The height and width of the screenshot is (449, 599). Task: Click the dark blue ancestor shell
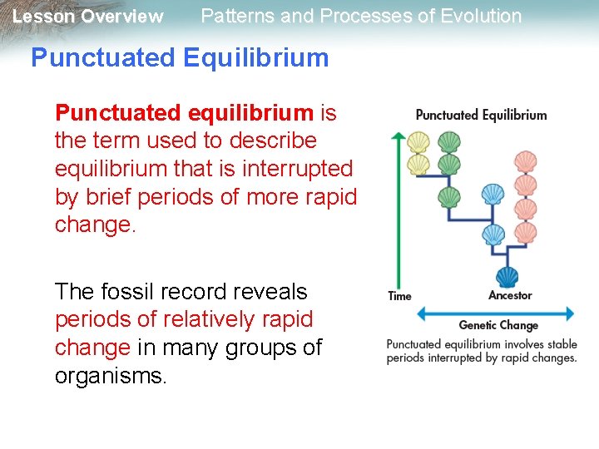[x=506, y=277]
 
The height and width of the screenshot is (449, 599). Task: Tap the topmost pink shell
[x=525, y=160]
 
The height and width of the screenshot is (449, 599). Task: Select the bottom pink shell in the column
[x=525, y=231]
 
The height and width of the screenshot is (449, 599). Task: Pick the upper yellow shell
[x=418, y=141]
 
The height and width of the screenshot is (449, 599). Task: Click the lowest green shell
[x=449, y=197]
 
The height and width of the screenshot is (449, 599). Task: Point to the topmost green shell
[x=449, y=141]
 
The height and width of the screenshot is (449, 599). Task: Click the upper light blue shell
[x=493, y=195]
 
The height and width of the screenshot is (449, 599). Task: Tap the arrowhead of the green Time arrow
[x=399, y=136]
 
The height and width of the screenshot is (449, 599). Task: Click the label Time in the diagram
[x=399, y=296]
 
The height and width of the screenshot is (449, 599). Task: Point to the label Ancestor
[x=510, y=295]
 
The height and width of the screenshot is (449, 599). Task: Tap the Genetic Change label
[x=498, y=325]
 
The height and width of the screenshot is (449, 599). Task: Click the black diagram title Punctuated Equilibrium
[x=481, y=115]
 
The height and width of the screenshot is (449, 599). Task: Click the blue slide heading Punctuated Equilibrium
[x=180, y=57]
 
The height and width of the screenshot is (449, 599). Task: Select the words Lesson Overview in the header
[x=88, y=17]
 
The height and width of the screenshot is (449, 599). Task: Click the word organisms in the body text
[x=111, y=376]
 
